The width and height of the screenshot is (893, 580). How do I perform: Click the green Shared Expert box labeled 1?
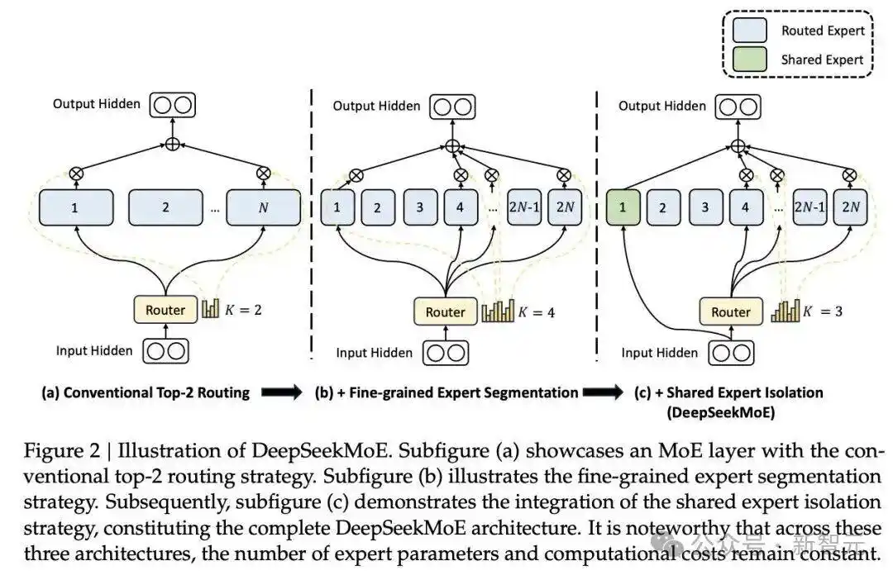click(x=623, y=208)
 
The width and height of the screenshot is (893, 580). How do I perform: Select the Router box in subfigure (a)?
click(x=165, y=310)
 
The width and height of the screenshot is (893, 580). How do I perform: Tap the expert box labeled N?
click(x=263, y=208)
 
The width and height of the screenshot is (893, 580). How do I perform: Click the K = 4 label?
click(x=537, y=312)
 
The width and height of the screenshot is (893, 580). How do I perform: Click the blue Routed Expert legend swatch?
click(x=752, y=31)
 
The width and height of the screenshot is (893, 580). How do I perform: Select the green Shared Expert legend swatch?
click(x=752, y=59)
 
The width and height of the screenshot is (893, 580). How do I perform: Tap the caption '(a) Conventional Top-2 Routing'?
click(x=146, y=392)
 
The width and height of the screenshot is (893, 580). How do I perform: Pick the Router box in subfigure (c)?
click(x=731, y=312)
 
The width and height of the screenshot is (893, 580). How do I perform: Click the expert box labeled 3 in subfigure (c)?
click(x=704, y=208)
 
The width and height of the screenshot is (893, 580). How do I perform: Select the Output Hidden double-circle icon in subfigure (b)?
click(x=451, y=106)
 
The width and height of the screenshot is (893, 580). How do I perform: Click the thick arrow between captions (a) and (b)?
click(x=282, y=393)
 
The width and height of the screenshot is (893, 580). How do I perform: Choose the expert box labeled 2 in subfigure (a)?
click(x=165, y=208)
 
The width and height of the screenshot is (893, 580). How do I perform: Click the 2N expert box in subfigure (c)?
click(x=851, y=208)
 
